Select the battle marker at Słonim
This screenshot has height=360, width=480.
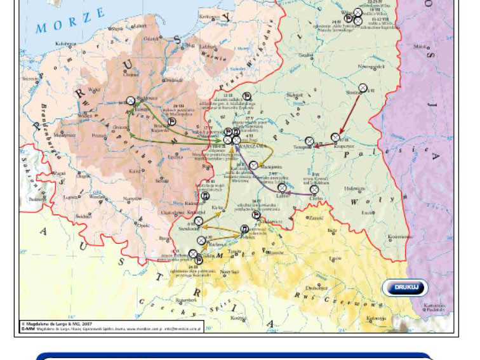(x=363, y=88)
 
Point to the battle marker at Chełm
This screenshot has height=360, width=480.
(x=314, y=190)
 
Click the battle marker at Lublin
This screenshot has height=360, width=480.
(x=282, y=188)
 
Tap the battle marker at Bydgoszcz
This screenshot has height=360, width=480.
(x=130, y=100)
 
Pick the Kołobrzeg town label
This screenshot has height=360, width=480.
(x=65, y=44)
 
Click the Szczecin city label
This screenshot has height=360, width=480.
(x=30, y=79)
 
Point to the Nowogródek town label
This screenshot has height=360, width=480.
(x=370, y=66)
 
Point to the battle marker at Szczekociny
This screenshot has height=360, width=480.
(x=199, y=221)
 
